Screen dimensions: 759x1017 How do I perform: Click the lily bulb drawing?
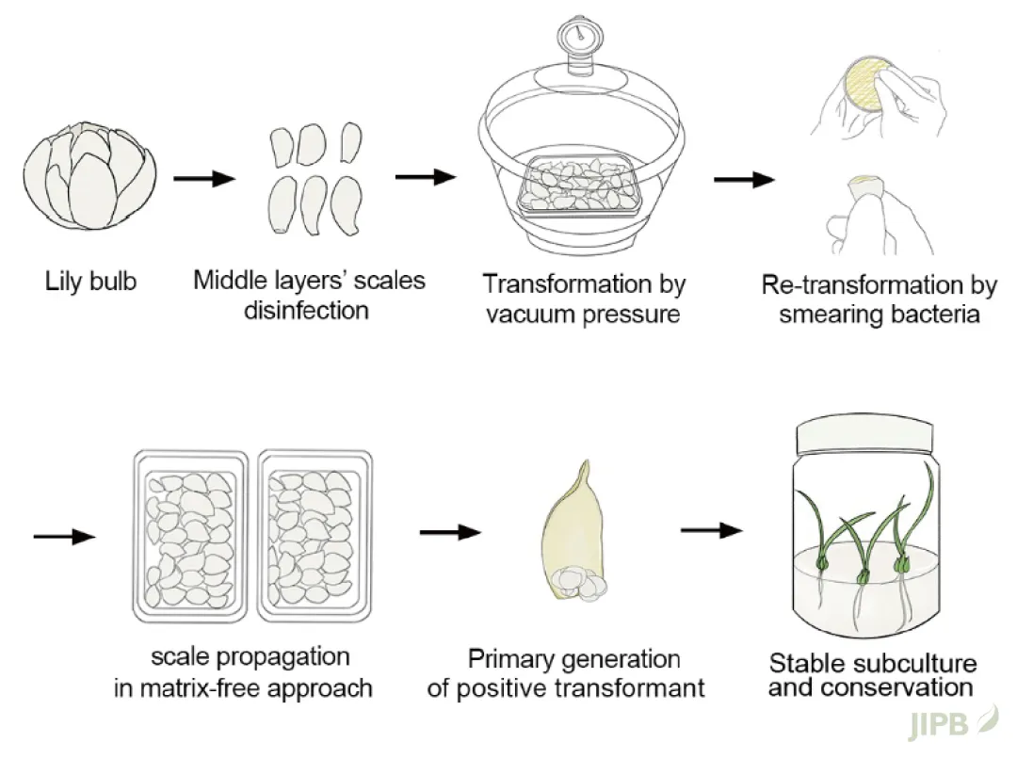tap(89, 175)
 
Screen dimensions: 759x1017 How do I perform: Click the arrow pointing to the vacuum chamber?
tap(425, 176)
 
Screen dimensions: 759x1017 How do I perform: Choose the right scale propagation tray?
tap(315, 536)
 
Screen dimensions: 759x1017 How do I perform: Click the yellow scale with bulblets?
tap(571, 538)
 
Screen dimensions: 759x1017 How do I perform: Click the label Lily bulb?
tap(89, 281)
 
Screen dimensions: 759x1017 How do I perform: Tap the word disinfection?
tap(307, 310)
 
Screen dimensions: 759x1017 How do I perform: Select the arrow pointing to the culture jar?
tap(711, 531)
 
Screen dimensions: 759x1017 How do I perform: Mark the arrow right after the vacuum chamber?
tap(743, 179)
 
